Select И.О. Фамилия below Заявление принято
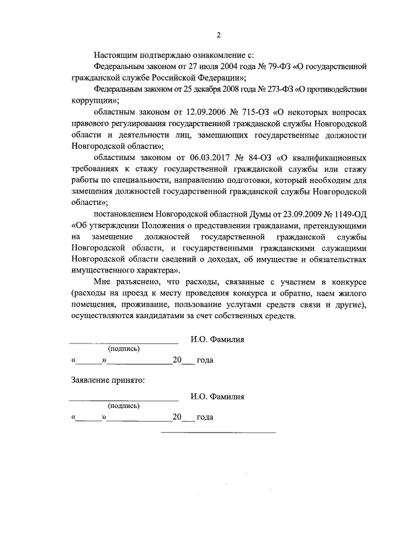click(x=217, y=397)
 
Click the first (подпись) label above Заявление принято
click(x=124, y=349)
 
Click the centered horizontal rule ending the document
click(x=218, y=431)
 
